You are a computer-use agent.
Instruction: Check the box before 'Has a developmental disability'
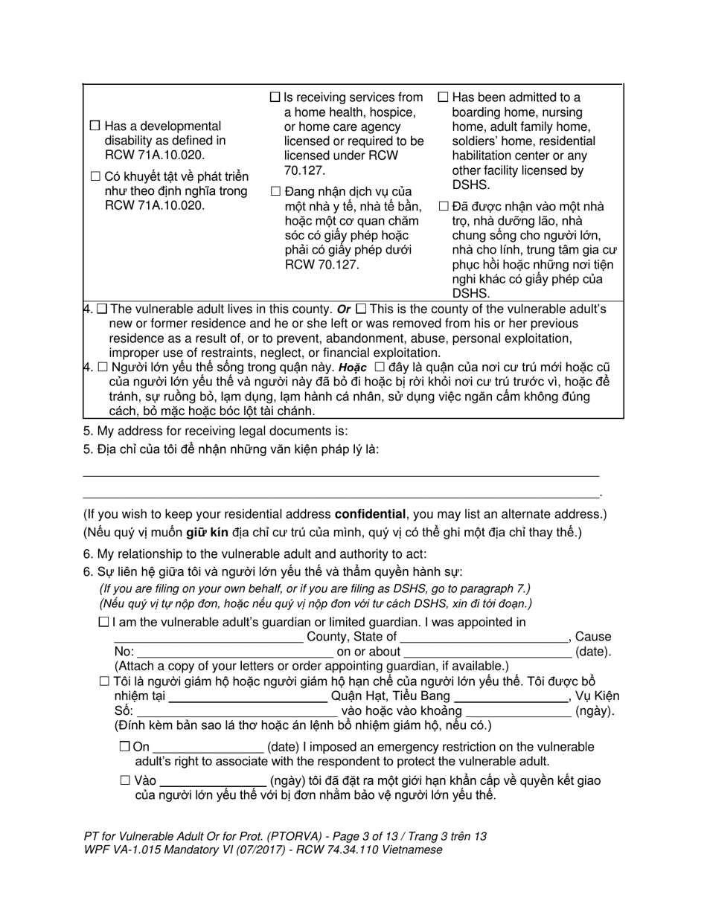pyautogui.click(x=95, y=126)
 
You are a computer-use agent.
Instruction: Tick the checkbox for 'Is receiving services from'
pyautogui.click(x=275, y=97)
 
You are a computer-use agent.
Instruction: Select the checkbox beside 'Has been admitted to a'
pyautogui.click(x=444, y=97)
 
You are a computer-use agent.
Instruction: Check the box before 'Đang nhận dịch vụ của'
pyautogui.click(x=275, y=191)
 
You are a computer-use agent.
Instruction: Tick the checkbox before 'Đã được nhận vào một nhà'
pyautogui.click(x=444, y=206)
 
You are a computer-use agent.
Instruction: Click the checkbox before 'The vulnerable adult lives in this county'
pyautogui.click(x=102, y=309)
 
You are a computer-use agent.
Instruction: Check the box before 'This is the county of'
pyautogui.click(x=361, y=309)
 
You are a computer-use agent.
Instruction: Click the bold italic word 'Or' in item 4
pyautogui.click(x=344, y=309)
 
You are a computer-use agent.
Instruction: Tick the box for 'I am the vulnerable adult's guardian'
pyautogui.click(x=103, y=622)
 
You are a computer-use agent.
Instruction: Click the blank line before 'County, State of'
pyautogui.click(x=208, y=638)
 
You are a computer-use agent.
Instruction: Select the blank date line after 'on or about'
pyautogui.click(x=487, y=652)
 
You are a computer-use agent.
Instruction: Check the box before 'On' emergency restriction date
pyautogui.click(x=124, y=747)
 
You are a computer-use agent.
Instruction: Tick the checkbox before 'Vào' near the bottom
pyautogui.click(x=124, y=780)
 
